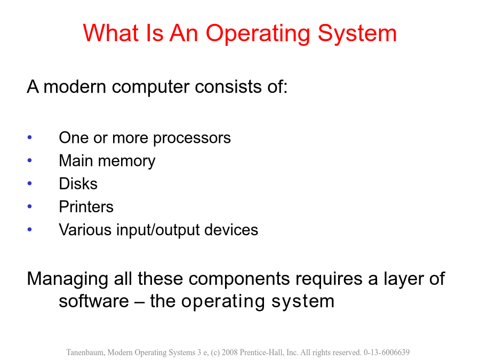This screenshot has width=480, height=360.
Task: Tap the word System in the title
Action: (x=357, y=34)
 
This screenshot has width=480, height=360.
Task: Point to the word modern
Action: (x=75, y=86)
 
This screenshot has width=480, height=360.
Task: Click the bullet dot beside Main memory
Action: (x=30, y=160)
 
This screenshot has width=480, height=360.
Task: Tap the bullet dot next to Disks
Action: (x=30, y=183)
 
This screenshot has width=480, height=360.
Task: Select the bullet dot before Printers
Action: (x=30, y=206)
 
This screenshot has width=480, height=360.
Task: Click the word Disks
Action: (x=78, y=183)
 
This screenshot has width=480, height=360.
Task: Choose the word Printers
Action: (x=86, y=206)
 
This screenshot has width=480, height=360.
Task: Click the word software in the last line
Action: (x=94, y=301)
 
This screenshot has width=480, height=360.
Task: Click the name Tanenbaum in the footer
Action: (x=86, y=353)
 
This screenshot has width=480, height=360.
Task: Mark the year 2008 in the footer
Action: (x=229, y=353)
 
